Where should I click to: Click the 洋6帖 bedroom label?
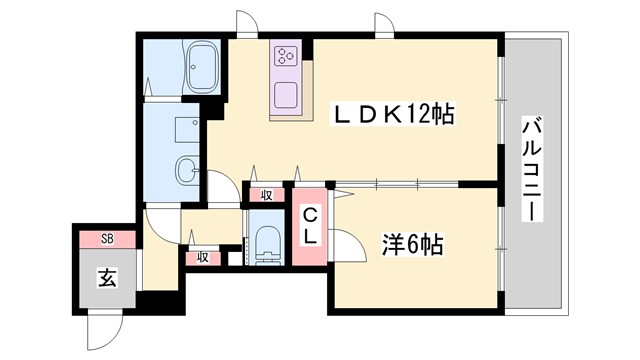coord(412,244)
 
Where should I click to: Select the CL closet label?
coord(311,226)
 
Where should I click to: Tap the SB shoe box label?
coord(108,239)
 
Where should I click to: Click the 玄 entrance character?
coord(107,277)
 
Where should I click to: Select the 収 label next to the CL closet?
coord(267,195)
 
